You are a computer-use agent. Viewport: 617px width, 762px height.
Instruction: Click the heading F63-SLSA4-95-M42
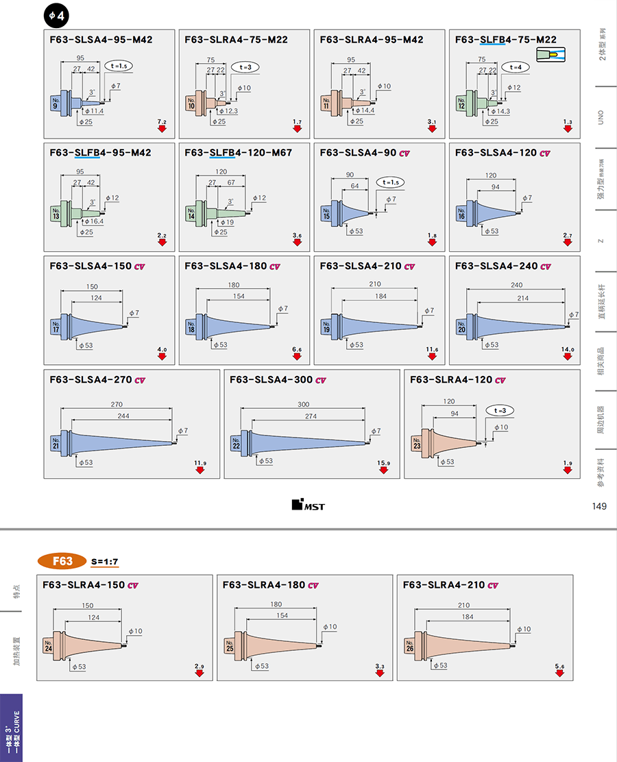click(101, 40)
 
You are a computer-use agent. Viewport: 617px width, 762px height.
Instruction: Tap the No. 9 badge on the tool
click(56, 103)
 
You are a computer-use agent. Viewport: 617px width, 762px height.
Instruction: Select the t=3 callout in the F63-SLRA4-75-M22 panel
click(245, 67)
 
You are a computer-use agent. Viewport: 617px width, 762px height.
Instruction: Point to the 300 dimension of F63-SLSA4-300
click(303, 404)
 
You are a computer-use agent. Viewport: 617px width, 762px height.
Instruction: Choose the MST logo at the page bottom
click(308, 505)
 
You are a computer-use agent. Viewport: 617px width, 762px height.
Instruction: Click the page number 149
click(598, 506)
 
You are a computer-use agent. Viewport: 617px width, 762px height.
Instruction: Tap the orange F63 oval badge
click(62, 561)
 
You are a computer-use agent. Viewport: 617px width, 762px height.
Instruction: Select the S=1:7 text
click(105, 562)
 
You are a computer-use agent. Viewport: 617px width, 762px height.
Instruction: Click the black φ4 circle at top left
click(56, 14)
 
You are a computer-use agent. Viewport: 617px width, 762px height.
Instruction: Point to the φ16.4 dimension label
click(95, 222)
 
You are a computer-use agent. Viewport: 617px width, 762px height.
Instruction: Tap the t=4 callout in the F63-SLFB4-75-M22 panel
click(516, 67)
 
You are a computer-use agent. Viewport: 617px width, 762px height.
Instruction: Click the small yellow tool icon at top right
click(553, 55)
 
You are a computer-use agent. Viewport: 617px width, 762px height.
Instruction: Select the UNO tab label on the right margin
click(602, 115)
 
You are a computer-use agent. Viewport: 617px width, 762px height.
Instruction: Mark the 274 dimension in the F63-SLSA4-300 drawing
click(311, 416)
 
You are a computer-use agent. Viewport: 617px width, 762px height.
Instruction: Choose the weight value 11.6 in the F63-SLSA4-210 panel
click(431, 350)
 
